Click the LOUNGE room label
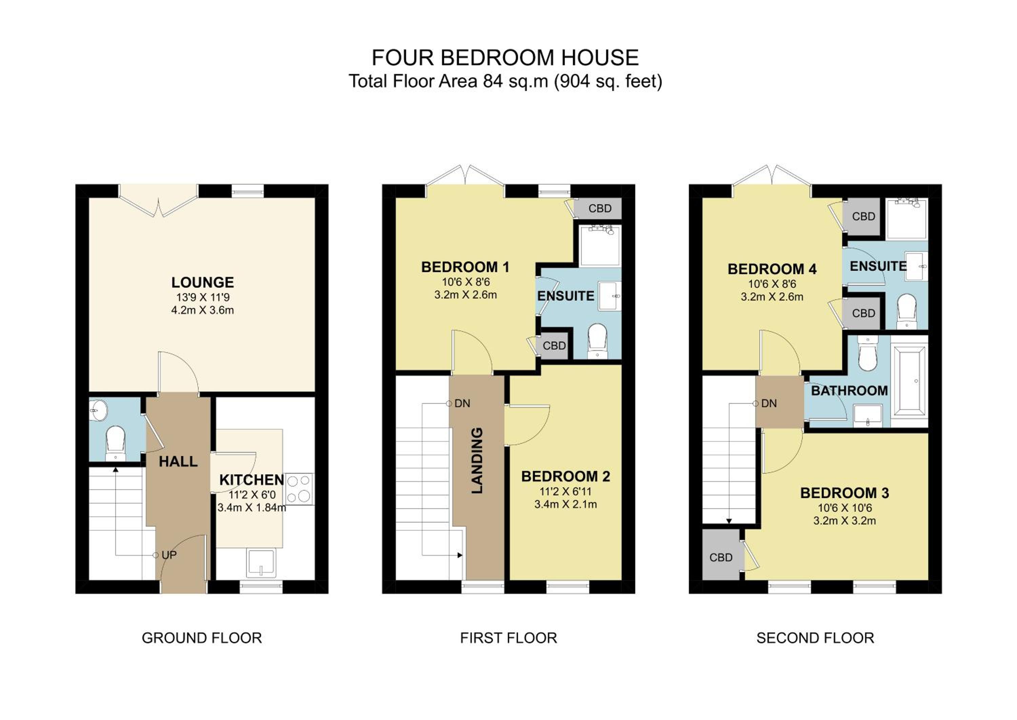(x=202, y=282)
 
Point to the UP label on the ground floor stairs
(x=169, y=555)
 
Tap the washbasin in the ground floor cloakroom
(x=98, y=410)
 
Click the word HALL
(x=178, y=461)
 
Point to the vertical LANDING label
(x=477, y=460)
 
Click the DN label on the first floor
(x=462, y=403)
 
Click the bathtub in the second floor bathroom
(x=909, y=382)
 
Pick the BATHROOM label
(x=849, y=391)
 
